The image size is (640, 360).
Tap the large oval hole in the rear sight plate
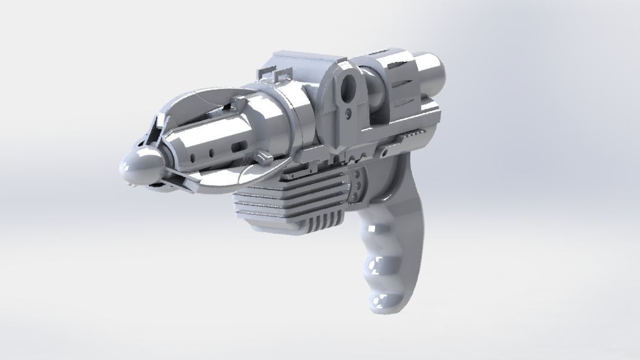(x=350, y=87)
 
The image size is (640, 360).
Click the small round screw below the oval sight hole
(x=349, y=111)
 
